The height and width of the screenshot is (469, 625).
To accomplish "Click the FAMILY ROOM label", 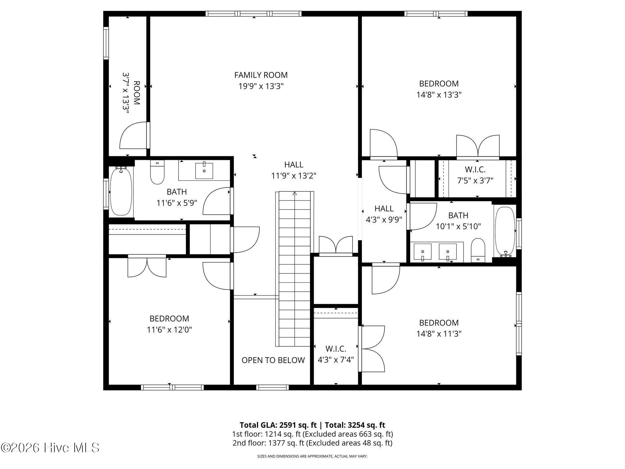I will point(261,75).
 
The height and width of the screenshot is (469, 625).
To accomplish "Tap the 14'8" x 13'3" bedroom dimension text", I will point(439,95).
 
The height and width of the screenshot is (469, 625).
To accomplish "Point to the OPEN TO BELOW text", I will point(273,360).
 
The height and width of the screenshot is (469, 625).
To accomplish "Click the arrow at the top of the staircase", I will point(295,193).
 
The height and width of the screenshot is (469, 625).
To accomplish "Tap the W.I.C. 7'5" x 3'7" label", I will point(475,175).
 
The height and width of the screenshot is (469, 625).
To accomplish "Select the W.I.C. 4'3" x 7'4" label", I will point(336,354).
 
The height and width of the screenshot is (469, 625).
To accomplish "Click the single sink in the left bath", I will point(204,171).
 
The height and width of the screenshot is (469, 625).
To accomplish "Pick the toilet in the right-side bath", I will point(478,250).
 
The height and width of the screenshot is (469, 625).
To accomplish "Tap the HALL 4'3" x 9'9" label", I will point(384,214).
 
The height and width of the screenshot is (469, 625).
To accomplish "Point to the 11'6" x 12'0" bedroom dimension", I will point(169,330).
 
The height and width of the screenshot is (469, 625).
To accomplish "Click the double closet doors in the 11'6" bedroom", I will point(147,266).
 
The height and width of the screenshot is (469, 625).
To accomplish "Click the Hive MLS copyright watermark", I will point(50,448).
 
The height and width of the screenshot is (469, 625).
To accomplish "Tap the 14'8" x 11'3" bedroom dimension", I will point(439,334).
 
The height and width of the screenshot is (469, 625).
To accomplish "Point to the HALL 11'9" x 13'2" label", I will point(294,170).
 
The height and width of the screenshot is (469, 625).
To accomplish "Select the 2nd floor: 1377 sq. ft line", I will point(312,443).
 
